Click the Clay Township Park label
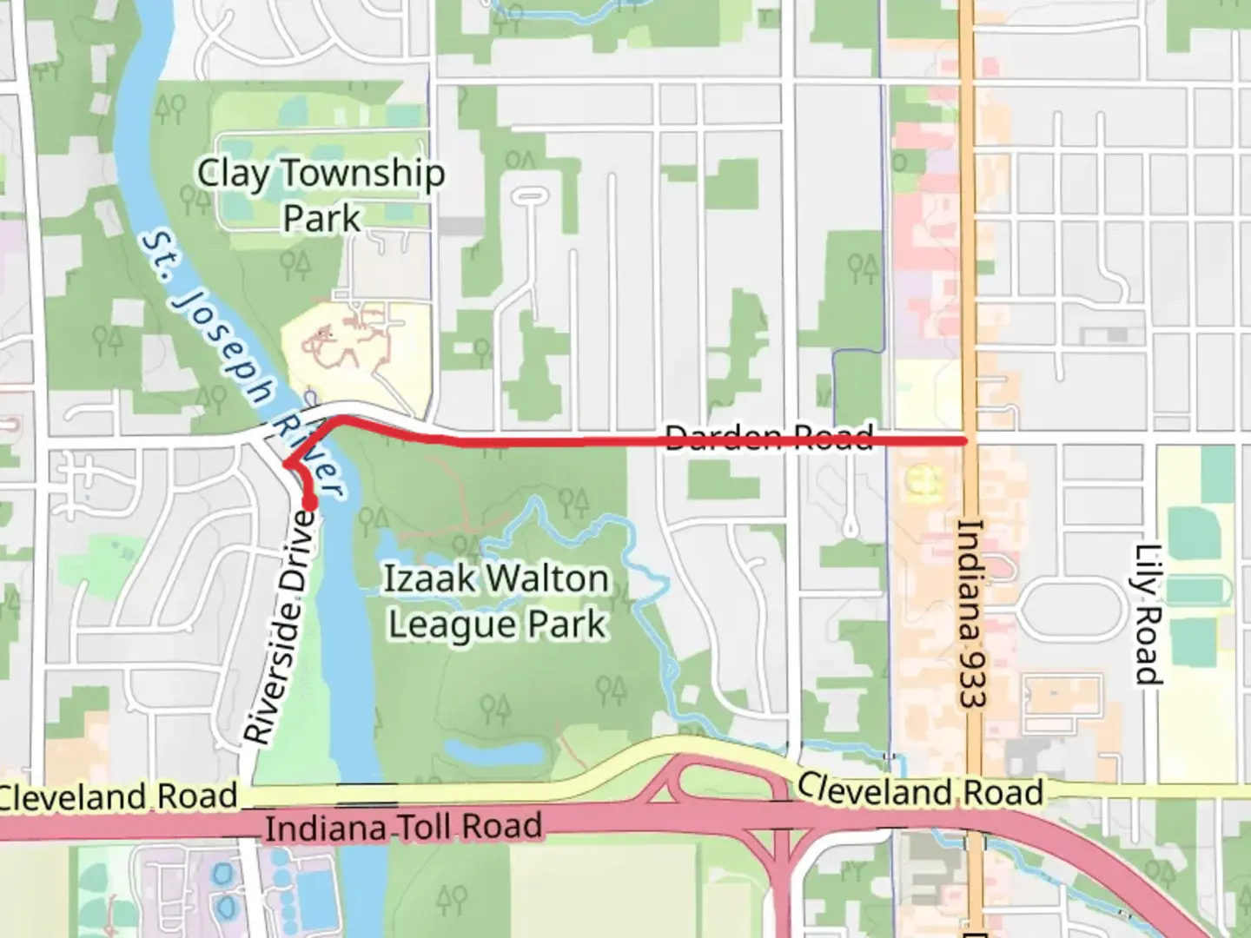pyautogui.click(x=321, y=195)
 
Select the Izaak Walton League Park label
pyautogui.click(x=496, y=601)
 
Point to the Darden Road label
pyautogui.click(x=768, y=436)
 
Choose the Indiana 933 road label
pyautogui.click(x=970, y=612)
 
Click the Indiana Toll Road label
pyautogui.click(x=403, y=827)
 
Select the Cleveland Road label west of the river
pyautogui.click(x=118, y=796)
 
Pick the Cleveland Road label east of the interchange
pyautogui.click(x=921, y=790)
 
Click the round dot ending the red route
pyautogui.click(x=309, y=502)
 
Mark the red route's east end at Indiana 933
pyautogui.click(x=964, y=441)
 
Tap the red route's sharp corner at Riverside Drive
pyautogui.click(x=286, y=465)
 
